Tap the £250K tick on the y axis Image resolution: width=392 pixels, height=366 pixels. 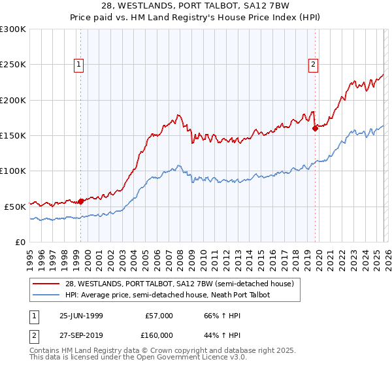click(x=13, y=65)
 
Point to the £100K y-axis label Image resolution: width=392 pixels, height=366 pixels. click(x=13, y=171)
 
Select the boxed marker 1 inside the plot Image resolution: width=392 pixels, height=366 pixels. click(x=78, y=64)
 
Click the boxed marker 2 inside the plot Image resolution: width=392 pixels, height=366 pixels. click(x=314, y=64)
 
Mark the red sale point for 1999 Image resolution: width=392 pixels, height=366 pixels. click(x=81, y=201)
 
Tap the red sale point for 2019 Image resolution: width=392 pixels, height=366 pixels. click(x=315, y=128)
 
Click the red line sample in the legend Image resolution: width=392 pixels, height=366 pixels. click(x=46, y=284)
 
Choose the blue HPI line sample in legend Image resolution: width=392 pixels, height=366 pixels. click(x=46, y=295)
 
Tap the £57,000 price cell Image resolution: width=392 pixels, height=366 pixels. click(x=159, y=316)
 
